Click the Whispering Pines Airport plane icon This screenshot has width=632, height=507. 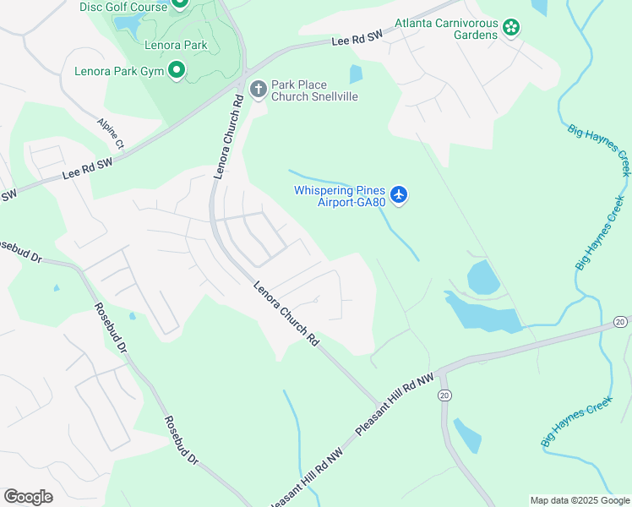(400, 196)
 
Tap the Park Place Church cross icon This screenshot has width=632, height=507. (258, 88)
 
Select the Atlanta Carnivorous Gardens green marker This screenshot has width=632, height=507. (511, 28)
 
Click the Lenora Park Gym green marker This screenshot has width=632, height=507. (176, 71)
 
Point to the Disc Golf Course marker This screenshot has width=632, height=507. (179, 3)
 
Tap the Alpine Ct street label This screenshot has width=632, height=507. (111, 134)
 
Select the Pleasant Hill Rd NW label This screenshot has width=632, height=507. (394, 404)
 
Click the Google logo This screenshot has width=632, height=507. (28, 497)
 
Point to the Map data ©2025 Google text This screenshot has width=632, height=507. (579, 500)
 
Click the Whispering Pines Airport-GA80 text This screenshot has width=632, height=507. (340, 196)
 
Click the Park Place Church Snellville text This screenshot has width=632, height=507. (314, 90)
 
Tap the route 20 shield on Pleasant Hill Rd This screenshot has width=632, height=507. (444, 395)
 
